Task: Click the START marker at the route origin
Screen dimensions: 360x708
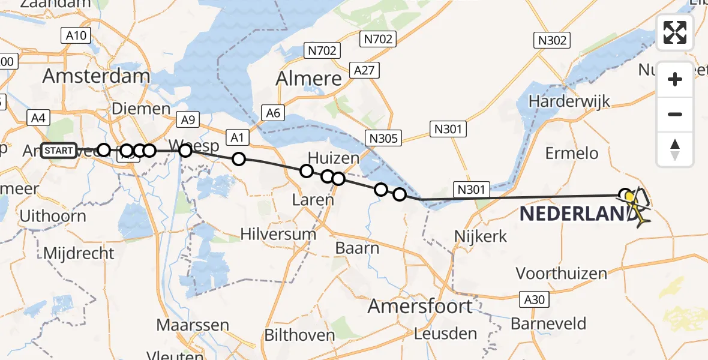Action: [59, 150]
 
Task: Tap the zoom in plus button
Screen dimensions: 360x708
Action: [675, 79]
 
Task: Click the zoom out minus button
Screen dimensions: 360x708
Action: [675, 114]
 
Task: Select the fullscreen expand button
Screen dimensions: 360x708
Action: [675, 32]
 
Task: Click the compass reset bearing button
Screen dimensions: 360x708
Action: [675, 149]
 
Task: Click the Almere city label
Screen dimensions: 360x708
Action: [308, 79]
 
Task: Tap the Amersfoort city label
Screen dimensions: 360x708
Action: [419, 306]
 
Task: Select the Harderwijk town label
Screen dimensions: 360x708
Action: [569, 101]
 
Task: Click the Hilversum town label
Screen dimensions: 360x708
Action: [278, 233]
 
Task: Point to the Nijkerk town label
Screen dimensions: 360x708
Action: [481, 236]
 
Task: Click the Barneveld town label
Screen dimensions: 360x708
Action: [548, 324]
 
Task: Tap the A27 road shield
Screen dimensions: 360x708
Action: [364, 70]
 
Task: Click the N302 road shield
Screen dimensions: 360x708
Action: [551, 40]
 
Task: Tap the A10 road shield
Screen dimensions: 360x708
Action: [76, 35]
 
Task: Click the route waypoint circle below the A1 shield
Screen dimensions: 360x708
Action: [239, 159]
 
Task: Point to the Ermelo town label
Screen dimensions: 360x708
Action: [572, 153]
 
